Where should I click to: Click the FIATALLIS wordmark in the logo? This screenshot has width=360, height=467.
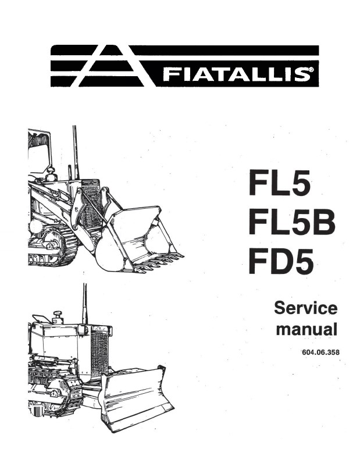235,74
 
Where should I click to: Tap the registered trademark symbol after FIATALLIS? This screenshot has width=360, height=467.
311,70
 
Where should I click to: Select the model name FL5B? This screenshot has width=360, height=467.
292,223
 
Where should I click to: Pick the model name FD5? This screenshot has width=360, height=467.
281,262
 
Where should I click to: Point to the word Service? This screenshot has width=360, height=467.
306,308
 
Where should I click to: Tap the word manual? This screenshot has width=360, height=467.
306,329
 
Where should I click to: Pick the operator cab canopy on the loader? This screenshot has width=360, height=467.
40,149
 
